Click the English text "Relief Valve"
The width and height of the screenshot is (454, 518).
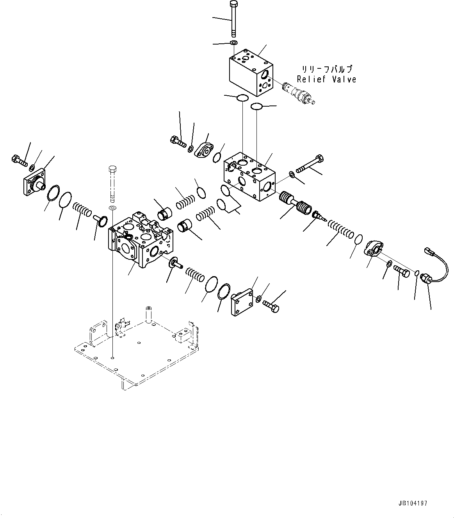[326, 79]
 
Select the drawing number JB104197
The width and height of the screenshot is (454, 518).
[413, 504]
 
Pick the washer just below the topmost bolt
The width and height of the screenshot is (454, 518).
[233, 42]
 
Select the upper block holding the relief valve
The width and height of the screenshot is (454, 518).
[250, 72]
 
